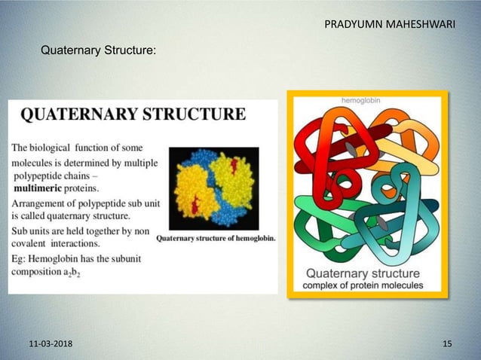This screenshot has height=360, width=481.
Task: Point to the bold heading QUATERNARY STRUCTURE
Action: click(x=132, y=115)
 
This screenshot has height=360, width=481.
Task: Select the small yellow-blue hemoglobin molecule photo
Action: click(x=213, y=188)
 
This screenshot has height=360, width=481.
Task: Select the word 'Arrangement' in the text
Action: click(x=42, y=203)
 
